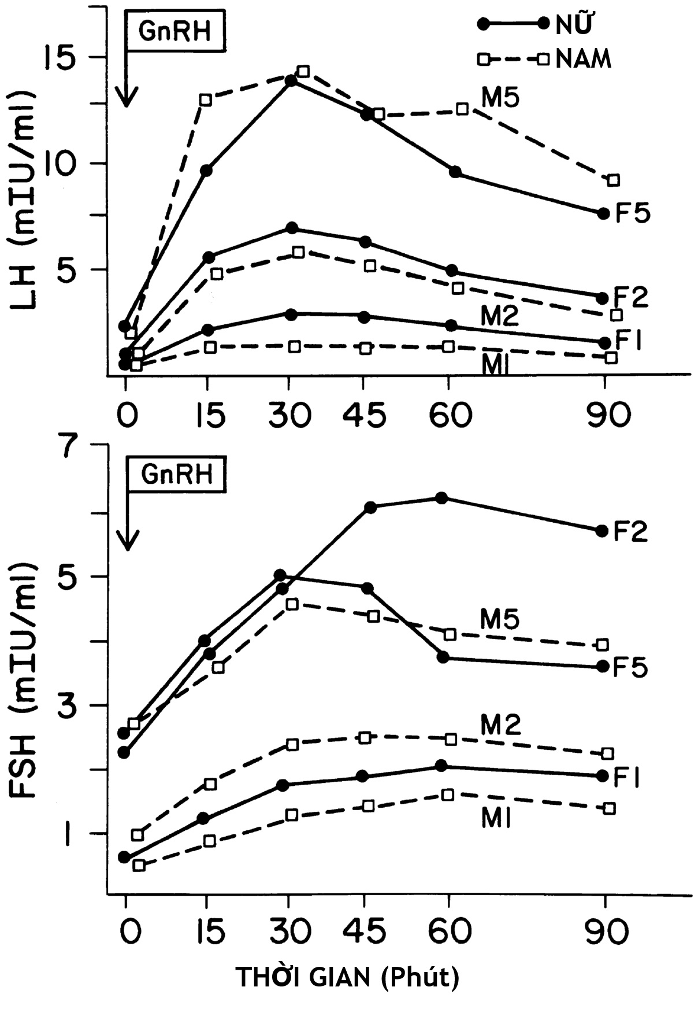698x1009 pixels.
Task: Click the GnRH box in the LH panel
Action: click(175, 31)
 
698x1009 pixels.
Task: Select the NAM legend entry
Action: click(582, 59)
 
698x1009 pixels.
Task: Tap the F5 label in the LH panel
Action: click(632, 213)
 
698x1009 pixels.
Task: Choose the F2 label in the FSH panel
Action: click(630, 531)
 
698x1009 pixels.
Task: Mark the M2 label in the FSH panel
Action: click(500, 725)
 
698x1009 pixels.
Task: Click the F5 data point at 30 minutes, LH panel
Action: click(291, 80)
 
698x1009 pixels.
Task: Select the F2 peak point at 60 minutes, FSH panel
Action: click(441, 498)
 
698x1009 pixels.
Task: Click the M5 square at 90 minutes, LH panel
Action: click(614, 180)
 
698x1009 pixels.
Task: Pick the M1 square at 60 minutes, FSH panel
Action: click(448, 794)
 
